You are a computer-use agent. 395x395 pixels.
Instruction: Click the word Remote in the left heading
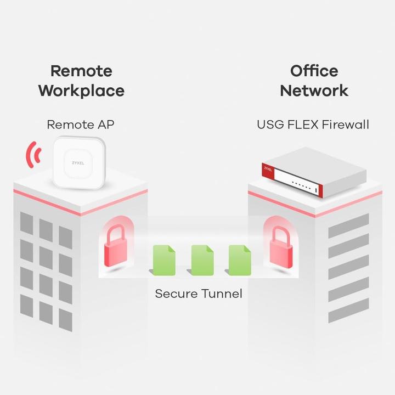(x=81, y=71)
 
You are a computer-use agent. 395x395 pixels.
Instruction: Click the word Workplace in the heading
(x=81, y=90)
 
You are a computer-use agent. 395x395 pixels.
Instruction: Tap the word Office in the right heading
(x=314, y=71)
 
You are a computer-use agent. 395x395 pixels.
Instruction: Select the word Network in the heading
(x=314, y=90)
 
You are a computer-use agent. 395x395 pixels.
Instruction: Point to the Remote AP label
(x=81, y=125)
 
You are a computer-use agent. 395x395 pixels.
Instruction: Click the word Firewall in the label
(x=345, y=125)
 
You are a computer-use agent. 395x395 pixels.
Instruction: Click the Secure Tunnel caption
(x=198, y=294)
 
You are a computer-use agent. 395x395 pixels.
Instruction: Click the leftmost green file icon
(x=164, y=259)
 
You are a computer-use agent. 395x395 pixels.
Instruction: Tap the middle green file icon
(x=202, y=259)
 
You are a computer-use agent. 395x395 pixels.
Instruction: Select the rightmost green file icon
(x=240, y=259)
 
